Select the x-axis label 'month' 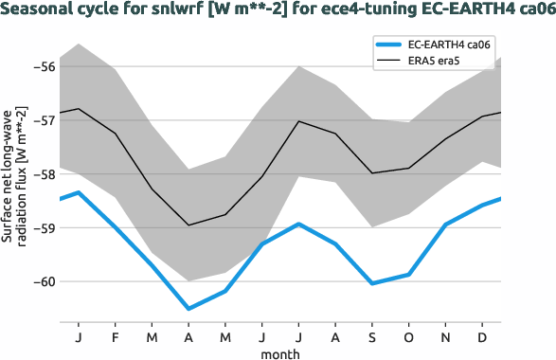(x=280, y=352)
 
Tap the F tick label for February (x=115, y=336)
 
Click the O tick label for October (x=409, y=336)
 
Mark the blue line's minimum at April (x=188, y=309)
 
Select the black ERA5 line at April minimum (x=188, y=225)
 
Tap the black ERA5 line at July (x=298, y=121)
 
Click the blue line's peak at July (x=298, y=225)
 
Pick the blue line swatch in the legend (x=393, y=45)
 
